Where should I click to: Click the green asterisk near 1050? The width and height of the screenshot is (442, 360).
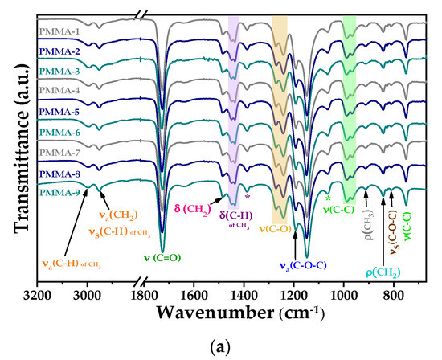tap(328, 198)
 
